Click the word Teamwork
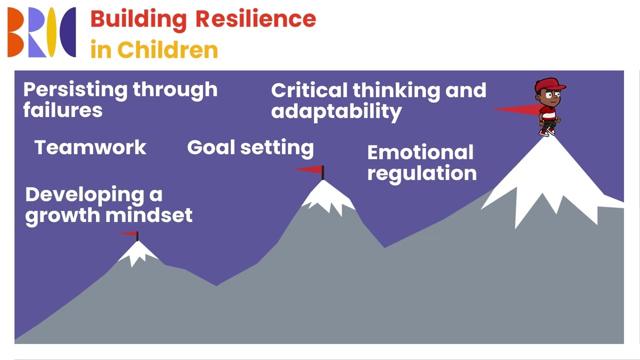(x=90, y=147)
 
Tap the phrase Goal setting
(x=250, y=148)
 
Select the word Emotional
(x=420, y=152)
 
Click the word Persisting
(x=74, y=90)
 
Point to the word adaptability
(x=336, y=111)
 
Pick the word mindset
(x=149, y=215)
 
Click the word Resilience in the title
(x=255, y=19)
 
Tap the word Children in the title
(x=167, y=50)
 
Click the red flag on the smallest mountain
(x=129, y=233)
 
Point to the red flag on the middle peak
(x=310, y=170)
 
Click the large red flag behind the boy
(x=517, y=109)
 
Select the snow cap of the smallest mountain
(x=138, y=252)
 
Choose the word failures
(x=62, y=110)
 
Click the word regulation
(x=421, y=173)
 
